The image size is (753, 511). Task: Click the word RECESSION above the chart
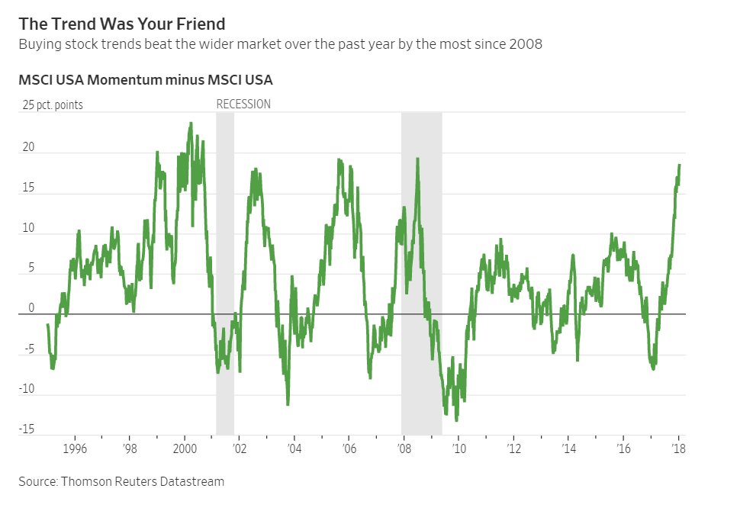[x=243, y=104]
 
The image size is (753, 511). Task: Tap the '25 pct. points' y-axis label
[x=53, y=105]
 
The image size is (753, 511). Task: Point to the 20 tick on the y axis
[x=29, y=147]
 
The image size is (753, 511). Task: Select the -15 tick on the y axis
[x=27, y=429]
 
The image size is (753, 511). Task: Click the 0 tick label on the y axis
[x=32, y=308]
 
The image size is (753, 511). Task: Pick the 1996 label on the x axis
[x=75, y=448]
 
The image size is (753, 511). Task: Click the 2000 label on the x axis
[x=185, y=448]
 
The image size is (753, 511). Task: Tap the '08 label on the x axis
[x=402, y=448]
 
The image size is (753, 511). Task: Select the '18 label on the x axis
[x=677, y=448]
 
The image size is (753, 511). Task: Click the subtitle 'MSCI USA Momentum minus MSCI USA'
[x=146, y=79]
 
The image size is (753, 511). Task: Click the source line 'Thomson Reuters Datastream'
[x=121, y=481]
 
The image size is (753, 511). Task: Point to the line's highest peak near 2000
[x=191, y=123]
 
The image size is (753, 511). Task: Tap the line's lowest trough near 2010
[x=456, y=420]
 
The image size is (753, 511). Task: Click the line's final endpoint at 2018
[x=680, y=165]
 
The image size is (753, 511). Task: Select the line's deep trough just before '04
[x=288, y=404]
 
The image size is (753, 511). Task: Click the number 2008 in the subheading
[x=526, y=44]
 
